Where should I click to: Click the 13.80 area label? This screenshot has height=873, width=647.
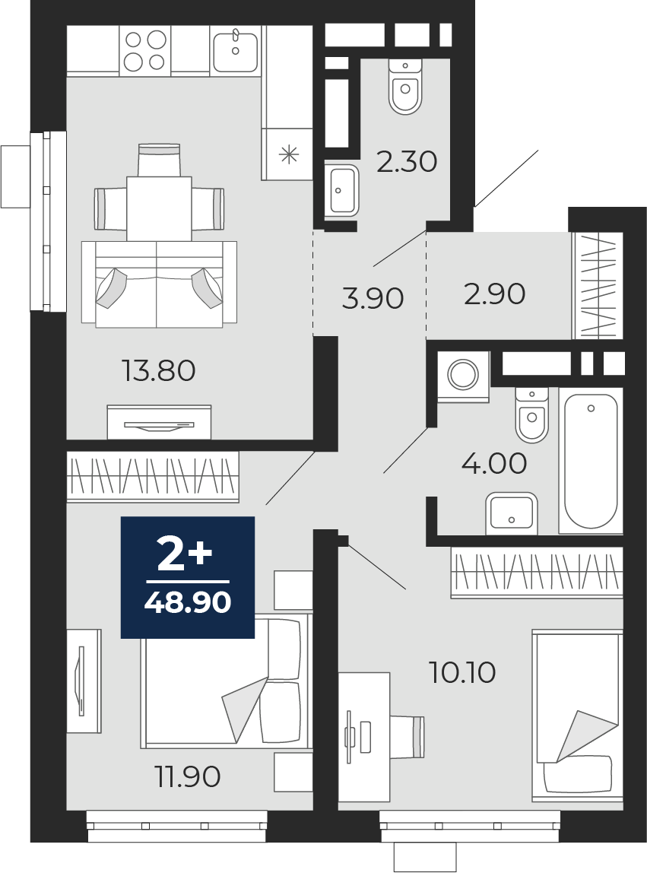(159, 371)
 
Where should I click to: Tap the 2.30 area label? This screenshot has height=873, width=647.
(407, 162)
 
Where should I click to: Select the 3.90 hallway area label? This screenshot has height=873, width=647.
(373, 298)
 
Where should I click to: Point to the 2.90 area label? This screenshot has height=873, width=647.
(494, 294)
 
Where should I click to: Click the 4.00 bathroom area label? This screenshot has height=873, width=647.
(494, 463)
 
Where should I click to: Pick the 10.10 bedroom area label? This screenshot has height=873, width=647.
(462, 672)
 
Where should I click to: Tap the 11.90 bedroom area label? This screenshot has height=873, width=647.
(189, 776)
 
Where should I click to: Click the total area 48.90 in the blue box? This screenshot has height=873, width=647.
(188, 602)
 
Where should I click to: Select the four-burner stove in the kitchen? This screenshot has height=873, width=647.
(145, 51)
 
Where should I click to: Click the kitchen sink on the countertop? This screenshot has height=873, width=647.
(236, 51)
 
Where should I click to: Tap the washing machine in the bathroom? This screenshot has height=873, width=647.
(463, 376)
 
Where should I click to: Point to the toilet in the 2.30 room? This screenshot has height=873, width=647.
(405, 87)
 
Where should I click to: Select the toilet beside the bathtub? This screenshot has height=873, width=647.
(532, 414)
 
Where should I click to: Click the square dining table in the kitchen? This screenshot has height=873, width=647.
(159, 209)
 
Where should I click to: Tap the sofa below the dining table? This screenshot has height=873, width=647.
(159, 284)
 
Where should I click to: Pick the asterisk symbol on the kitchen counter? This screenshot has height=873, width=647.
(290, 154)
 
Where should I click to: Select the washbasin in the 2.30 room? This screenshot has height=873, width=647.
(341, 190)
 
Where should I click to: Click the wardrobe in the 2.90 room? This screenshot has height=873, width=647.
(598, 286)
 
